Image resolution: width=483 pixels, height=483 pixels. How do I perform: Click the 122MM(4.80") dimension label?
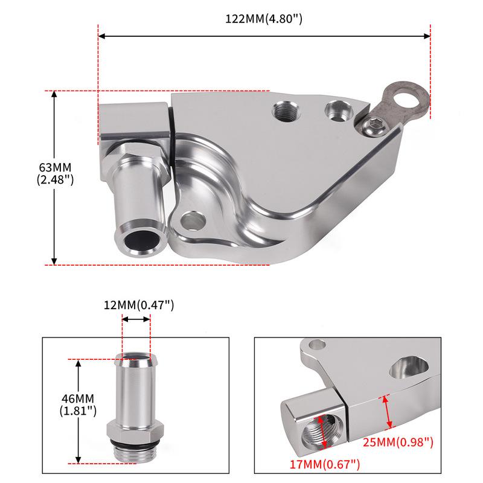point(264,19)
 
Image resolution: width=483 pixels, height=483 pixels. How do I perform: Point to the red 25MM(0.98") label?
point(398,443)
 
